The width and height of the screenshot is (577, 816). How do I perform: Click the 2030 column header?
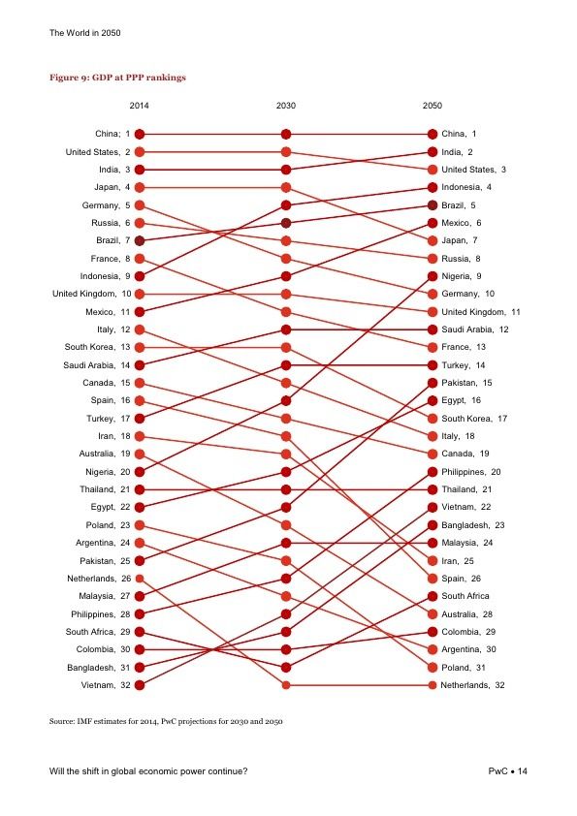tap(285, 106)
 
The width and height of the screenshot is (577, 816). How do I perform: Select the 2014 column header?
tap(139, 106)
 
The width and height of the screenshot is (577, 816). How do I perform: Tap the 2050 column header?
tap(433, 106)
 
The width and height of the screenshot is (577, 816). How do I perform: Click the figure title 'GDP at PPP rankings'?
tap(139, 78)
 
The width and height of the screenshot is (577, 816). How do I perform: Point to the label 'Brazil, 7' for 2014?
tap(113, 240)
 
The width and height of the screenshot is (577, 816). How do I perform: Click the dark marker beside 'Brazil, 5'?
tap(433, 205)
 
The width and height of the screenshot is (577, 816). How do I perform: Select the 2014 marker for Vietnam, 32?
tap(140, 685)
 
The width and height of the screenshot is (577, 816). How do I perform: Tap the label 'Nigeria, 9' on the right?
tap(462, 276)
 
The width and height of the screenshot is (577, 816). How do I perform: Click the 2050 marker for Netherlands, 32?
tap(433, 685)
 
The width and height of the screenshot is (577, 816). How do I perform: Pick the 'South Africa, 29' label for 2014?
tap(98, 632)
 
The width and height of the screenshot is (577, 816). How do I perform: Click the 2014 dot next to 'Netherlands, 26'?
tap(140, 579)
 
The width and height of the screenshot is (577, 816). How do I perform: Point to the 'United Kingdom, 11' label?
tap(481, 312)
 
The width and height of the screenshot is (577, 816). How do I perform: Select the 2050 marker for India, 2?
tap(433, 152)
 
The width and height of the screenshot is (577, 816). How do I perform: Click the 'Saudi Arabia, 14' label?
tap(97, 365)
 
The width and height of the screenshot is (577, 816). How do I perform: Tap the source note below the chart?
tap(166, 721)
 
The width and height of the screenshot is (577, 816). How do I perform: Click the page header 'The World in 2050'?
tap(85, 33)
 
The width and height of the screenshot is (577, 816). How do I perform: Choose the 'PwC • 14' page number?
tap(508, 771)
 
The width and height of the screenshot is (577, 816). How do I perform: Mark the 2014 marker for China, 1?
tap(140, 135)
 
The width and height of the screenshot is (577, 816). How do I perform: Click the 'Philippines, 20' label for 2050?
tap(470, 472)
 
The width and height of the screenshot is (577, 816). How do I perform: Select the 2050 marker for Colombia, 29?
tap(433, 632)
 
